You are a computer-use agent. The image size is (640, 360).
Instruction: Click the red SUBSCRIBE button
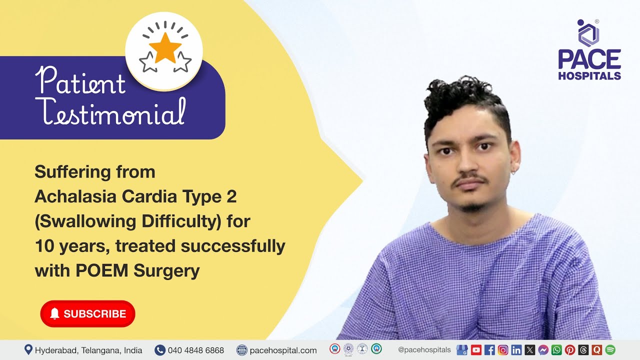tap(87, 314)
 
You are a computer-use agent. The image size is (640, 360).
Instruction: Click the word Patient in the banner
tap(80, 81)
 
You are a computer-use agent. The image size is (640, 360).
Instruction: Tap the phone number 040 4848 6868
tap(195, 350)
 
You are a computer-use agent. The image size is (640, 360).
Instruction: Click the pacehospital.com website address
tap(283, 350)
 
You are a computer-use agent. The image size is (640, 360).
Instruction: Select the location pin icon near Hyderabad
tap(28, 349)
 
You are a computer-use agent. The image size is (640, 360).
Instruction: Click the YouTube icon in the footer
tap(476, 350)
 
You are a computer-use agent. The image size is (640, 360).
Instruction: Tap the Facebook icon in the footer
tap(489, 350)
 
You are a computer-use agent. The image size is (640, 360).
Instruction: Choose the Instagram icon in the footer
tap(503, 350)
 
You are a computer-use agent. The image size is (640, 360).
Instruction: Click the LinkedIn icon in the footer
tap(516, 350)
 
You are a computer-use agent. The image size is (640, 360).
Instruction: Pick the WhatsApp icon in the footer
tap(556, 350)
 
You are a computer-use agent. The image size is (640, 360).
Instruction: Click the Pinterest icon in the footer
tap(570, 350)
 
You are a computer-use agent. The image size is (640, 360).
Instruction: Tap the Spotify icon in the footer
tap(610, 350)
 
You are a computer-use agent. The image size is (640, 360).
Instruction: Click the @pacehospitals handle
tap(424, 350)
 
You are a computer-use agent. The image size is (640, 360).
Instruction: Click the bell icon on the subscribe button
tap(55, 313)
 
